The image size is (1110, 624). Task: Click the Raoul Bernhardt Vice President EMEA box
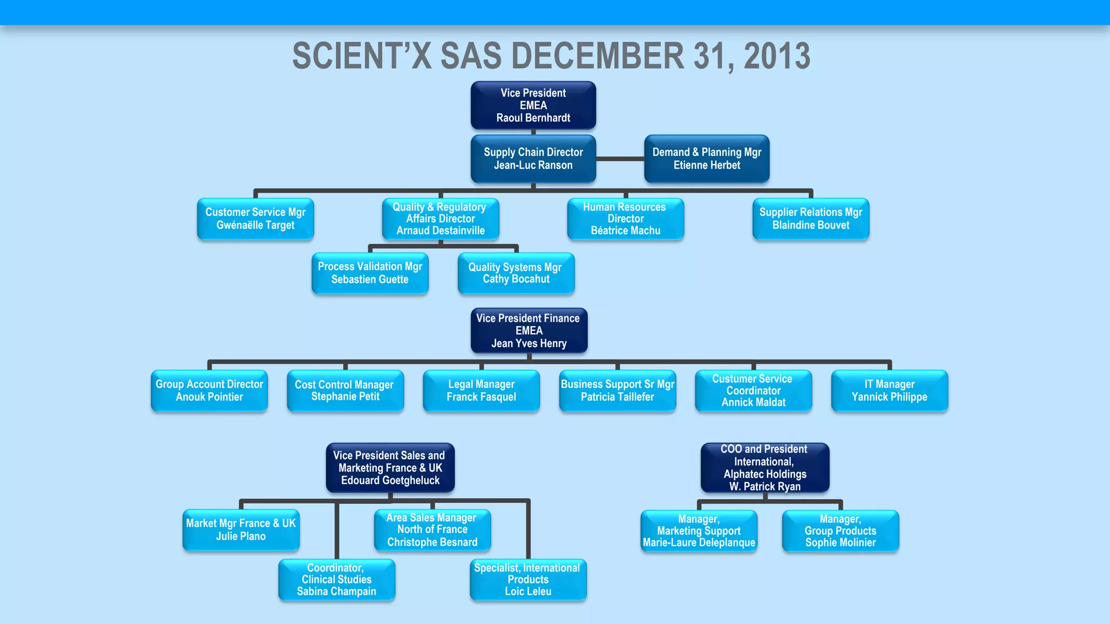[533, 106]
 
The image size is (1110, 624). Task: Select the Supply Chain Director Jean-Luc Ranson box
[533, 159]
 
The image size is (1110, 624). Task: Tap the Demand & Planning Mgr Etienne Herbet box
[707, 159]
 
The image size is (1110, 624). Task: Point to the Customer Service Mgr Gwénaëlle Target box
[255, 219]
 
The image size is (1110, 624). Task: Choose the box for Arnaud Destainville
[441, 219]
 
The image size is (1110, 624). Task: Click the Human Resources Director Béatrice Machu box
[625, 219]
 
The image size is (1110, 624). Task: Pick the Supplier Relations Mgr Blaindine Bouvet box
[811, 219]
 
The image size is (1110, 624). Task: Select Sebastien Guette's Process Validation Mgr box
[370, 273]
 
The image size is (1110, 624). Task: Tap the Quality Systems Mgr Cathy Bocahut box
[516, 273]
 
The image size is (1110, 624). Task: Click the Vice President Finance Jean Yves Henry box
[529, 330]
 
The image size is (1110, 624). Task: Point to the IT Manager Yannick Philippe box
[889, 391]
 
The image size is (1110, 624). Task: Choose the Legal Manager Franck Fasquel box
[481, 391]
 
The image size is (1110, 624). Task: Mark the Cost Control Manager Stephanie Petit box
[345, 391]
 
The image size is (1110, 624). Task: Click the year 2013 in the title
[777, 56]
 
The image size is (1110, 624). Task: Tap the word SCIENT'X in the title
[362, 56]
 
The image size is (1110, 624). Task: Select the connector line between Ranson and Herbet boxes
[620, 159]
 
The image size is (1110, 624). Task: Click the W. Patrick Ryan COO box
[765, 467]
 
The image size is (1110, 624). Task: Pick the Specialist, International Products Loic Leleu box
[528, 580]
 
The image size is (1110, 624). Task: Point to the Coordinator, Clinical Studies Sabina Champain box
[337, 580]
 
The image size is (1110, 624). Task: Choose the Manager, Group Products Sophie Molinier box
[840, 531]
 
